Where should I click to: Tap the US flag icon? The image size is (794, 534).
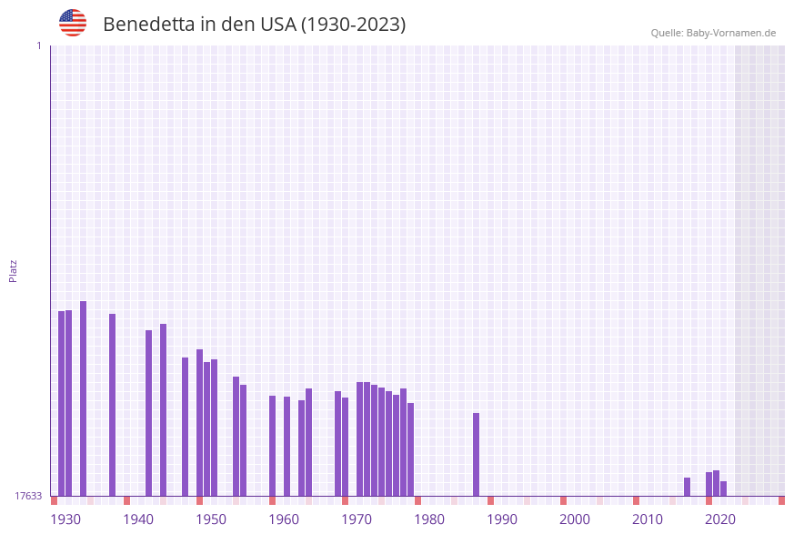[73, 23]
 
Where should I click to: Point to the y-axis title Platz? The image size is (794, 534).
[13, 270]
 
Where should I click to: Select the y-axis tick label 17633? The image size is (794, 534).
[28, 496]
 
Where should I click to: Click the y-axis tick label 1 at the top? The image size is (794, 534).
[38, 45]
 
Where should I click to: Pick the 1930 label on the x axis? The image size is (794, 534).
[65, 519]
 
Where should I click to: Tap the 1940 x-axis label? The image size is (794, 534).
[138, 519]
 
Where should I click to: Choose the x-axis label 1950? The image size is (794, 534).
[211, 519]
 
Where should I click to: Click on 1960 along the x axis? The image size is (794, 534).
[284, 519]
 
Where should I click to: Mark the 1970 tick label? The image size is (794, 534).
[357, 519]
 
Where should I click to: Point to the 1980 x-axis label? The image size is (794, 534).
[429, 519]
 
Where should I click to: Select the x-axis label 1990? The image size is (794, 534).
[502, 519]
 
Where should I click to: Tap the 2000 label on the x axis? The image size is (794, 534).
[575, 519]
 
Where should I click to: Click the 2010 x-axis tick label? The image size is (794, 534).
[648, 519]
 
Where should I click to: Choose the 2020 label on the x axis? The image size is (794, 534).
[720, 519]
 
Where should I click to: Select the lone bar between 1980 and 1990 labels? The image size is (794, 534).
[476, 454]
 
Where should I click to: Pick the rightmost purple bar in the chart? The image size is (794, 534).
[723, 489]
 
